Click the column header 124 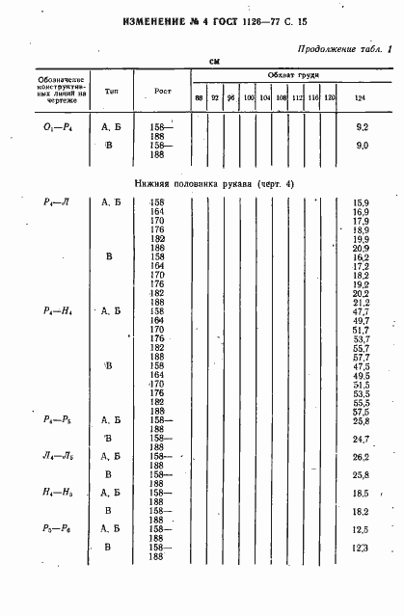click(x=361, y=98)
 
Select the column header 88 click(x=199, y=98)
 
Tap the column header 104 click(x=264, y=98)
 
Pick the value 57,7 click(x=362, y=357)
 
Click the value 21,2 click(x=362, y=302)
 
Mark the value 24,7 click(x=362, y=439)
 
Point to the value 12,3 click(x=362, y=547)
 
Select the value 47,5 click(x=362, y=366)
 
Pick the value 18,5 click(x=362, y=493)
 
